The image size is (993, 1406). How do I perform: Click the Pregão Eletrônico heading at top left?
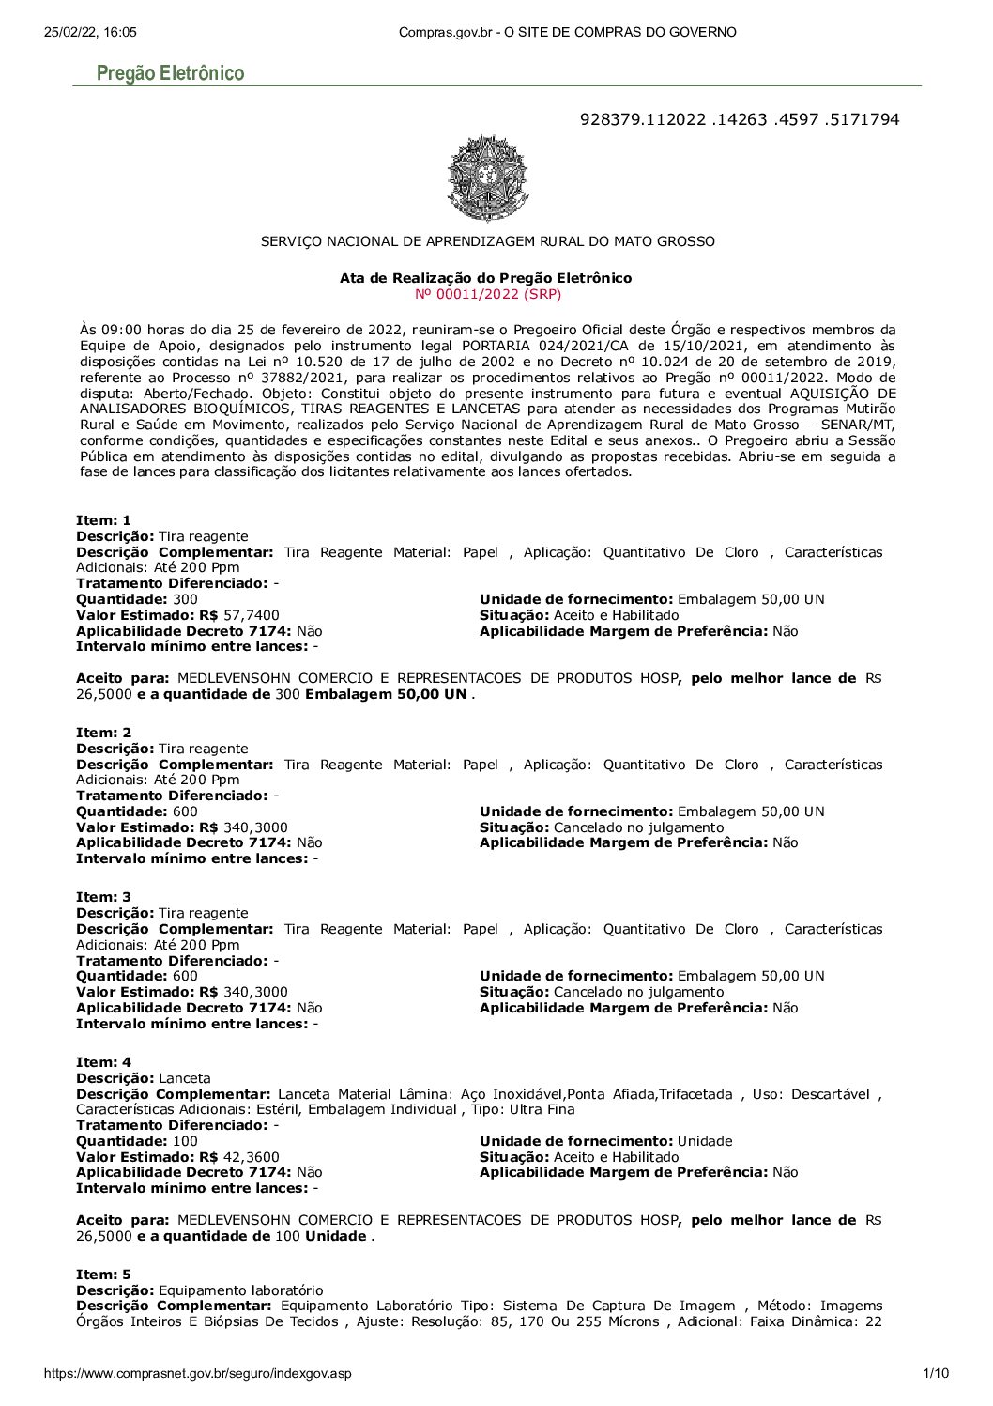tap(170, 73)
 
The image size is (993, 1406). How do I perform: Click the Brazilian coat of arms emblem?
tap(487, 178)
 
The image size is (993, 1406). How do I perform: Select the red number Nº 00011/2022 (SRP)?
tap(487, 294)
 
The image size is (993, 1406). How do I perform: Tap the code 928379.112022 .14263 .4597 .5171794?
tap(740, 119)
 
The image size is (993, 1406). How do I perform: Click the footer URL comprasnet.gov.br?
tap(198, 1373)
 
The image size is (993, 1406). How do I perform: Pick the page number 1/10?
tap(936, 1373)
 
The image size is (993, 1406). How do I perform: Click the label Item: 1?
tap(103, 520)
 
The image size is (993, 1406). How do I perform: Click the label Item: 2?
tap(103, 733)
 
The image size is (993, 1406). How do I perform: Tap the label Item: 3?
tap(103, 897)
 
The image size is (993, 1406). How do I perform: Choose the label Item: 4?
tap(103, 1062)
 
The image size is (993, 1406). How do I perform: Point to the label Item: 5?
tap(103, 1275)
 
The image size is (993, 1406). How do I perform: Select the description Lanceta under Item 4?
tap(185, 1078)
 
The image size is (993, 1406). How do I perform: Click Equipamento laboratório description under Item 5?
tap(240, 1290)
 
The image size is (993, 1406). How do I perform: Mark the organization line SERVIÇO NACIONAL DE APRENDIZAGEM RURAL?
tap(487, 241)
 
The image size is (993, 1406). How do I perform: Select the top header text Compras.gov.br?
tap(567, 32)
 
